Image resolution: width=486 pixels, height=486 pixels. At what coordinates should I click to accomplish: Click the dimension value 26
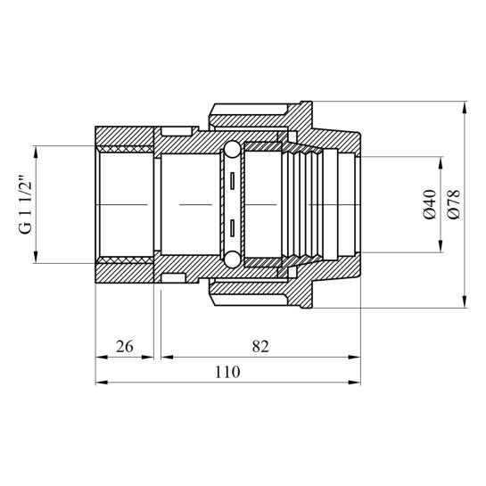[125, 347]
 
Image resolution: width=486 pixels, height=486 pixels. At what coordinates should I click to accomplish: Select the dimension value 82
[260, 347]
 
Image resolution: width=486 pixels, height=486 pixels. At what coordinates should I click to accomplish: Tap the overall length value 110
[227, 372]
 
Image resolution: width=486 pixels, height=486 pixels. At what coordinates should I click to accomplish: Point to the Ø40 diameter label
[430, 204]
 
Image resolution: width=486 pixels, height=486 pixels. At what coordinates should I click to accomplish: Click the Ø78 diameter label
[454, 204]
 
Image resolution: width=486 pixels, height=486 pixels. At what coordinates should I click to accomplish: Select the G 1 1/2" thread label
[26, 205]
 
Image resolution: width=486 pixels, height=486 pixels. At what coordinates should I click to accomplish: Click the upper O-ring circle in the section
[232, 150]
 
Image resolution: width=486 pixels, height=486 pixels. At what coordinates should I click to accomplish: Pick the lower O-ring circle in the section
[232, 259]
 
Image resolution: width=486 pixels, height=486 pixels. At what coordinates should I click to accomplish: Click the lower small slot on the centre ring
[232, 228]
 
